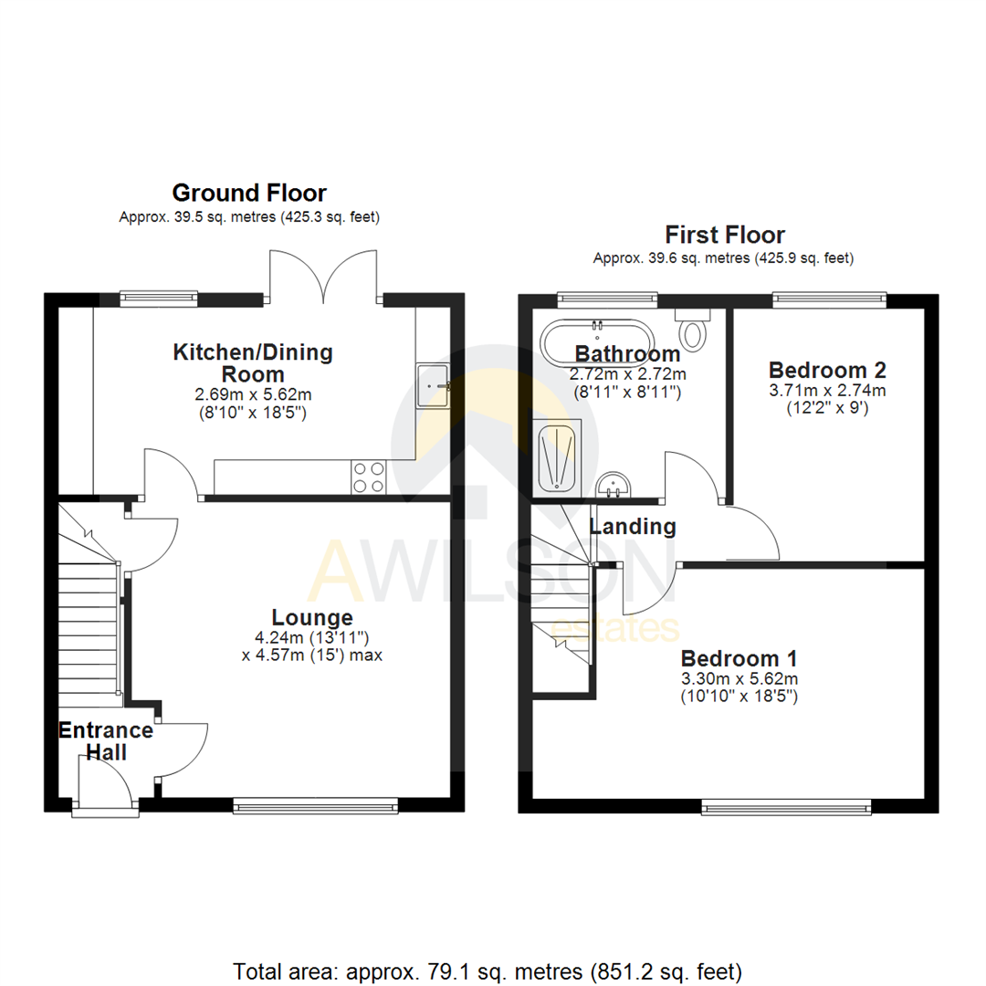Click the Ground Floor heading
pos(249,193)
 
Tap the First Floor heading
pos(724,235)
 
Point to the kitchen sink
pos(433,384)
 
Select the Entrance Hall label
pos(105,741)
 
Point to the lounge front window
pos(315,804)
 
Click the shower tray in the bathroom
pos(557,457)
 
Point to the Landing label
pos(633,527)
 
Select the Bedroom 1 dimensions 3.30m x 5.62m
pos(739,678)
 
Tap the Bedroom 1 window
pos(786,806)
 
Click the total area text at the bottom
pos(488,970)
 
